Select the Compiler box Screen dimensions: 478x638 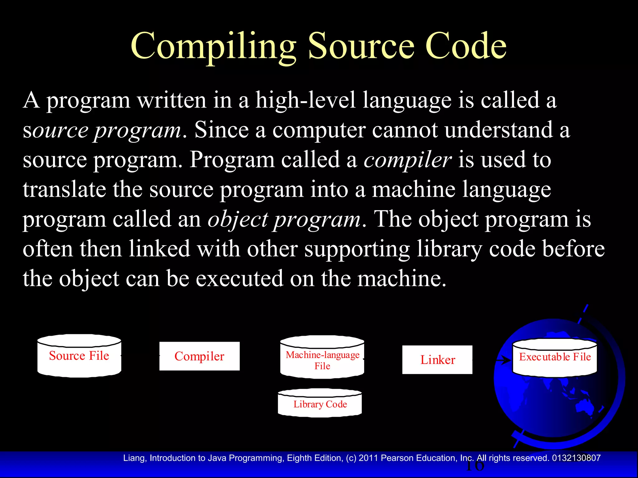199,356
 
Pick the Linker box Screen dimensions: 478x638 437,360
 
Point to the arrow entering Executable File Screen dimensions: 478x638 503,360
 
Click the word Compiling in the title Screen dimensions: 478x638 214,47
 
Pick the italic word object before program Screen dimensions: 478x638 238,220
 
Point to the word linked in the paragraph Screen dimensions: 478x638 159,249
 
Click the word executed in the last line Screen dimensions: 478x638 239,279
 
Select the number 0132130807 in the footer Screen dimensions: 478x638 576,458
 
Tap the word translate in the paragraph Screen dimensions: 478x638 64,190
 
